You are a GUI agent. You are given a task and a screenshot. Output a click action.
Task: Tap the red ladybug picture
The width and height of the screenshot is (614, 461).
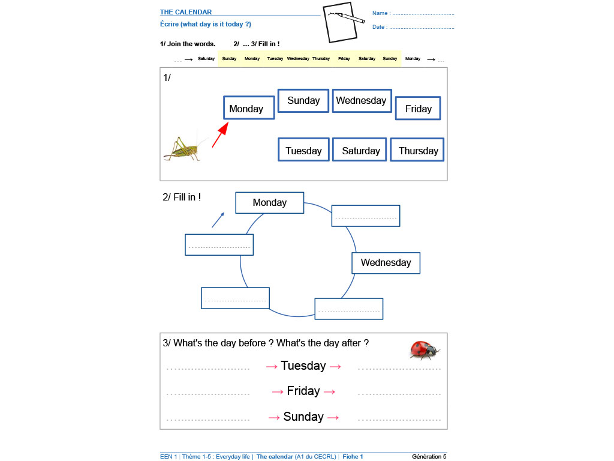point(425,349)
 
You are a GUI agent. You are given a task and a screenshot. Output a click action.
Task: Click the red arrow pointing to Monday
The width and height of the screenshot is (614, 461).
point(221,134)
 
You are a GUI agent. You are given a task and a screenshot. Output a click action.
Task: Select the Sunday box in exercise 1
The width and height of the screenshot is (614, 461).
point(303,101)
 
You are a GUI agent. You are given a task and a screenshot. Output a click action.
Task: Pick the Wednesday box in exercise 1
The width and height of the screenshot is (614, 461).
point(361,101)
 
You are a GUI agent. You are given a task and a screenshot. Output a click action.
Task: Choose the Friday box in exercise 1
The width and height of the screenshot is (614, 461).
point(418,109)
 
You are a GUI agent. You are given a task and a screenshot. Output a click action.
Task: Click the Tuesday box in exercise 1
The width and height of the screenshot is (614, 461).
point(303,150)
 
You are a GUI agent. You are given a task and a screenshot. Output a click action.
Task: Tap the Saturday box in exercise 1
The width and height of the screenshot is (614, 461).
point(360,150)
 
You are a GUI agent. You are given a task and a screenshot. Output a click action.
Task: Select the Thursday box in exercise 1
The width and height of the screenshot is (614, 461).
point(418,150)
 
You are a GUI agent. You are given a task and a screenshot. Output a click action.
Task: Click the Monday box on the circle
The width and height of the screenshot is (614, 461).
point(270,203)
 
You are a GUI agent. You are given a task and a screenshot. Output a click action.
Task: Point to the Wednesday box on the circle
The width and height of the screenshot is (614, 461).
point(386,263)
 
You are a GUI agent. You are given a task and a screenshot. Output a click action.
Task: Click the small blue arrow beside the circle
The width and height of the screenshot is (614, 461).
point(218,220)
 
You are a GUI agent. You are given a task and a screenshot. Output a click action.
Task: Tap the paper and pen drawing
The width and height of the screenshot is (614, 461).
point(341,23)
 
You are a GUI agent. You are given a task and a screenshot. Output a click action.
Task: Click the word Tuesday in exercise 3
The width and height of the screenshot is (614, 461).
point(303,366)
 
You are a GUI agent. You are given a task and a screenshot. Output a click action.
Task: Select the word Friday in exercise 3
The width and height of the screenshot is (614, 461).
point(303,391)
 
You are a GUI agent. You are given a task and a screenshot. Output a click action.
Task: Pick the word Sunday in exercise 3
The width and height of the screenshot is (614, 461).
point(303,417)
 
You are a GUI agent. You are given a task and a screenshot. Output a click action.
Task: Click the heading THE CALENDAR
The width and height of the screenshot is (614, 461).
point(186,12)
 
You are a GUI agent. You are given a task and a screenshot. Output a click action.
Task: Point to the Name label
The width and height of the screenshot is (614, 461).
point(381,13)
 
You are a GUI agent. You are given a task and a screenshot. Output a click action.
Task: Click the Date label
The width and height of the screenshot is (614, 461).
point(379,27)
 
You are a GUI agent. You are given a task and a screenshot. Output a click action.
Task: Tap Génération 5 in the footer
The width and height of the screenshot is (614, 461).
point(429,457)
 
